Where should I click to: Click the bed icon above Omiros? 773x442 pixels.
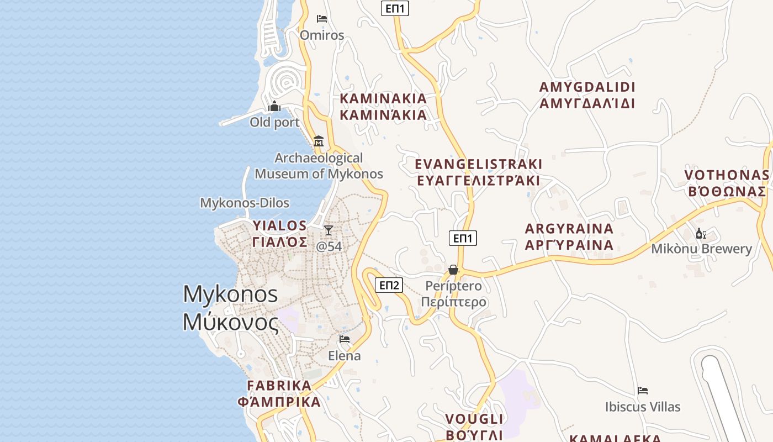point(322,19)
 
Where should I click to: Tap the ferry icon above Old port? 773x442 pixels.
point(274,106)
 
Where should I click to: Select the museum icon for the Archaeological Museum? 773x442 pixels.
point(318,141)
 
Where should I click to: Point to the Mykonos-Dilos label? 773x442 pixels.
point(245,203)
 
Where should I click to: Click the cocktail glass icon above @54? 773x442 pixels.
point(329,230)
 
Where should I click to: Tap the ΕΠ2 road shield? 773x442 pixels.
point(389,285)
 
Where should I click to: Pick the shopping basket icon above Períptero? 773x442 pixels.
point(453,270)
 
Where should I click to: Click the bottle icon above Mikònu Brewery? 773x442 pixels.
point(701,233)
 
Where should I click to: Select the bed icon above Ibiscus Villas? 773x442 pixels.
point(643,391)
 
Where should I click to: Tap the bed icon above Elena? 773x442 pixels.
point(345,339)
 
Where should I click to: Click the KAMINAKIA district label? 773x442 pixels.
point(383,99)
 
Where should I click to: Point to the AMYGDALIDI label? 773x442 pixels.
point(587,87)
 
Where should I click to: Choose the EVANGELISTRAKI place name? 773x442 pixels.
point(479,164)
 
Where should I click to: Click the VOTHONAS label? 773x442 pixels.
point(727,175)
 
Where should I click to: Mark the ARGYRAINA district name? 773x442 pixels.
point(569,229)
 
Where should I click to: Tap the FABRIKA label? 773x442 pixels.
point(279,385)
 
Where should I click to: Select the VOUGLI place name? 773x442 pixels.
point(474,418)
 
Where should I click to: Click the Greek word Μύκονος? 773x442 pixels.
point(231,322)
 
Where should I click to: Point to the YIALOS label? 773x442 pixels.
point(279,225)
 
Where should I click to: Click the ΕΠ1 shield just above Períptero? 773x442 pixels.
point(463,238)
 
